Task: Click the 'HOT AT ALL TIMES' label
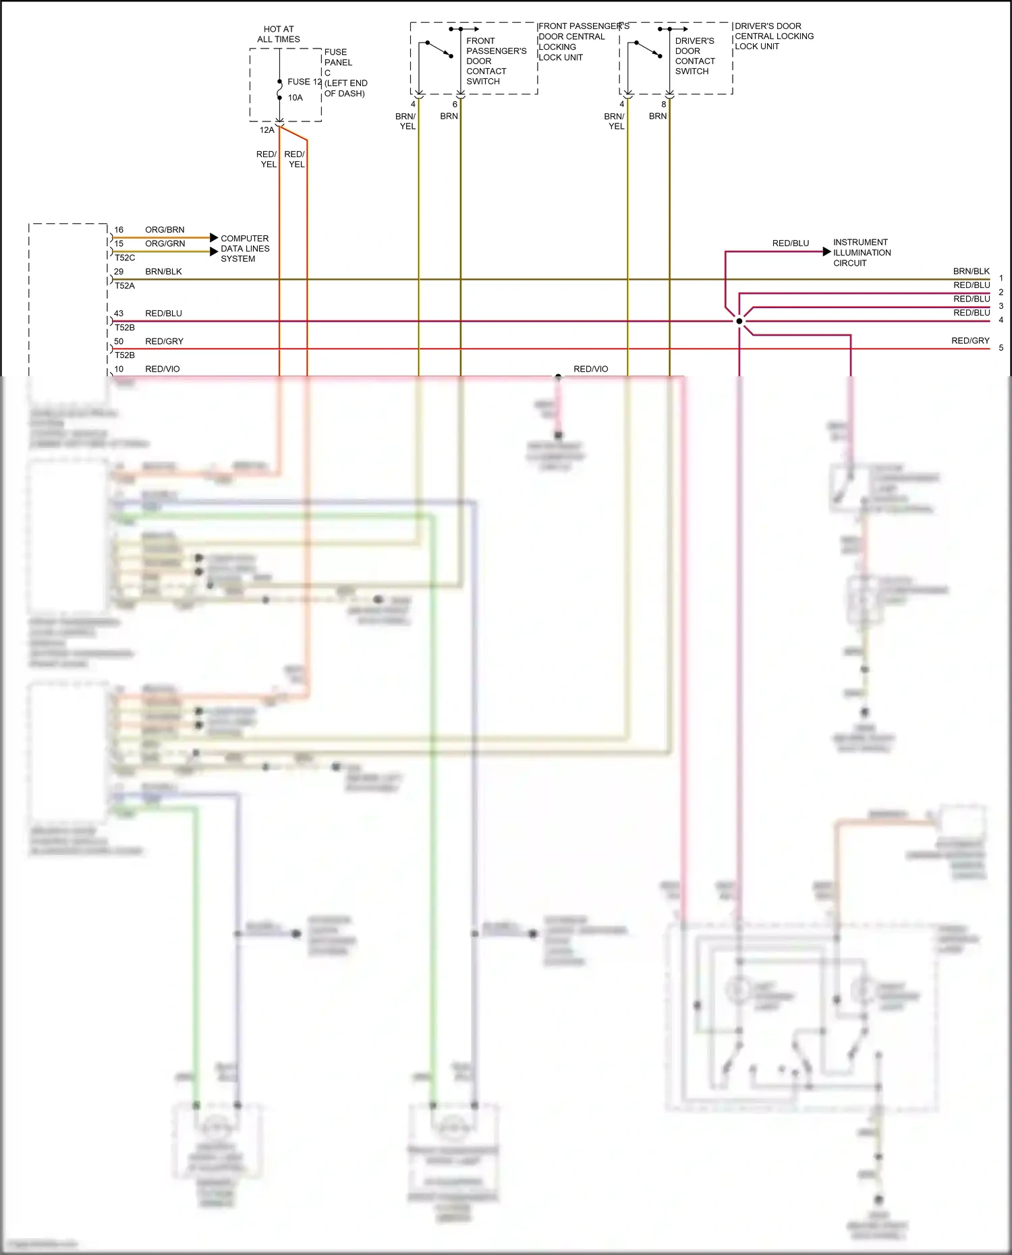click(279, 34)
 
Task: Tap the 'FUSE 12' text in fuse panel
click(304, 82)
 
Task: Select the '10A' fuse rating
click(296, 98)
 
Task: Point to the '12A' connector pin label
click(267, 130)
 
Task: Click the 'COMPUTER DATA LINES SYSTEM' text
click(245, 248)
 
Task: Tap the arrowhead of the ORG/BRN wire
click(214, 237)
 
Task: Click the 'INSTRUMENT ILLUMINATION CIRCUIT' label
click(862, 252)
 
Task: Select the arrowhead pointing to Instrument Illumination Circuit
click(826, 252)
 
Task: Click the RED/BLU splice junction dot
click(739, 321)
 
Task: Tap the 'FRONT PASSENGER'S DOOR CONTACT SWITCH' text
click(496, 61)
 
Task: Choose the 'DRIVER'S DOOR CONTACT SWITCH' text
click(694, 56)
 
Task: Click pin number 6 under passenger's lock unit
click(455, 105)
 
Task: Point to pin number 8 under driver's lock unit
click(664, 105)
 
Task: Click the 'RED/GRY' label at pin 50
click(164, 341)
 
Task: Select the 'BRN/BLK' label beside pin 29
click(163, 272)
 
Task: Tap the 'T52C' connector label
click(125, 258)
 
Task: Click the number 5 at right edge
click(1001, 348)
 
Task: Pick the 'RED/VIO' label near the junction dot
click(590, 369)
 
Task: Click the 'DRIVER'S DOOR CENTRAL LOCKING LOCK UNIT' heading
click(774, 36)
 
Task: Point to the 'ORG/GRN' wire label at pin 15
click(165, 243)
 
